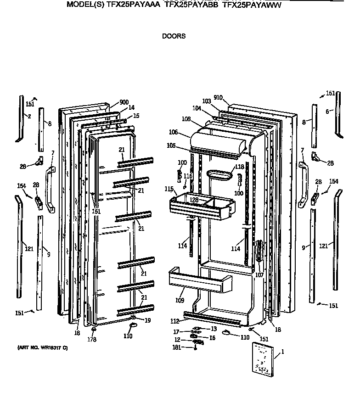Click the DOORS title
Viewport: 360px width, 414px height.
click(x=174, y=36)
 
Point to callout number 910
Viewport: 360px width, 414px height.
click(x=218, y=97)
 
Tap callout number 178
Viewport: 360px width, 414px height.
click(x=92, y=340)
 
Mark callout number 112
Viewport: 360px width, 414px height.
click(x=174, y=321)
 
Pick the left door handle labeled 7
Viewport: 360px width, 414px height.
click(x=50, y=190)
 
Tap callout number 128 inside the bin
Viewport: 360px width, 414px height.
click(x=194, y=200)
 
